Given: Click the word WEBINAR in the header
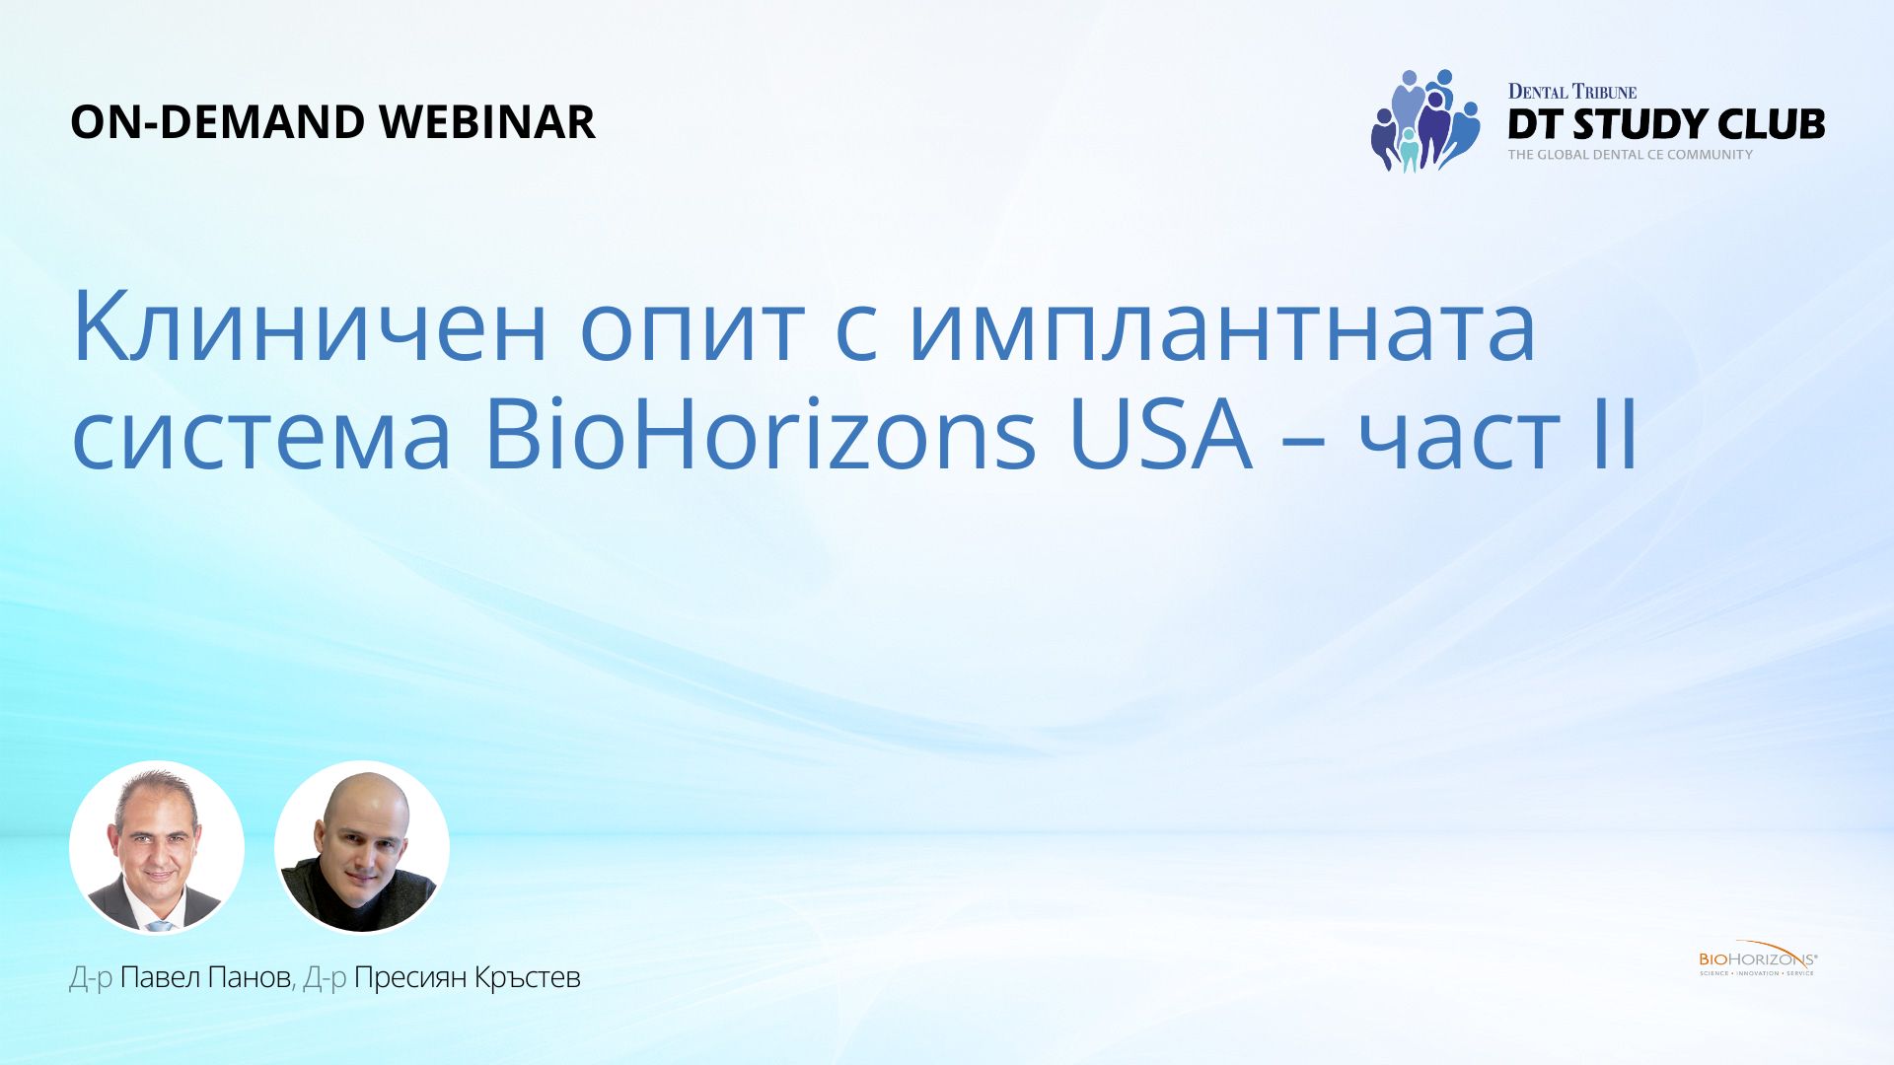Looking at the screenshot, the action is coord(486,122).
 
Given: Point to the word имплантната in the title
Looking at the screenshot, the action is coord(1222,328).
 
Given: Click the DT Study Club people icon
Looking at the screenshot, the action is coord(1425,120).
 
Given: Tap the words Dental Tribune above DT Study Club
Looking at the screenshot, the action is coord(1572,92).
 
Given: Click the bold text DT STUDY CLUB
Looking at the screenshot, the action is coord(1666,124).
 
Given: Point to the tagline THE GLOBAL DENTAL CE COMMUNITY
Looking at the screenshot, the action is coord(1631,155).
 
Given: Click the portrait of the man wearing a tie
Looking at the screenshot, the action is coord(157,847).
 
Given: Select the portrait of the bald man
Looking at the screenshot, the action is coord(362,847).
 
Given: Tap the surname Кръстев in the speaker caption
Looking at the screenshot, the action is coord(528,977).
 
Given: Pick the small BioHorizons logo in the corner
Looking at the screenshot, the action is coord(1758,958).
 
